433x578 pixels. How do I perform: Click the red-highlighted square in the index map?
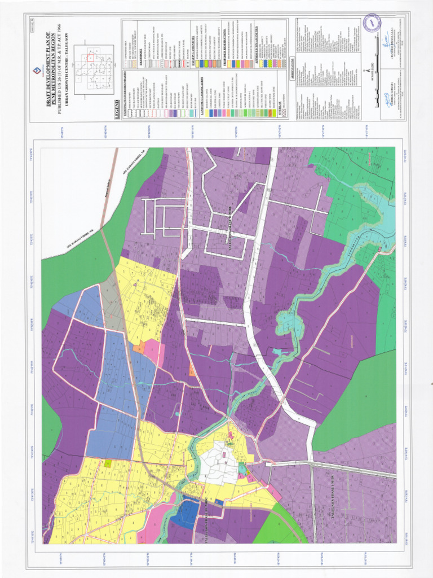coord(91,57)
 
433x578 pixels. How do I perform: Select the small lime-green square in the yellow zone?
coord(108,463)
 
